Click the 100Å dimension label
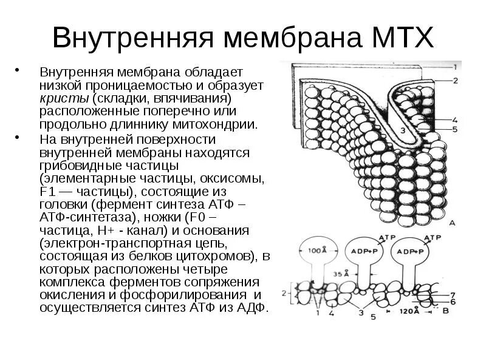[315, 249]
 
